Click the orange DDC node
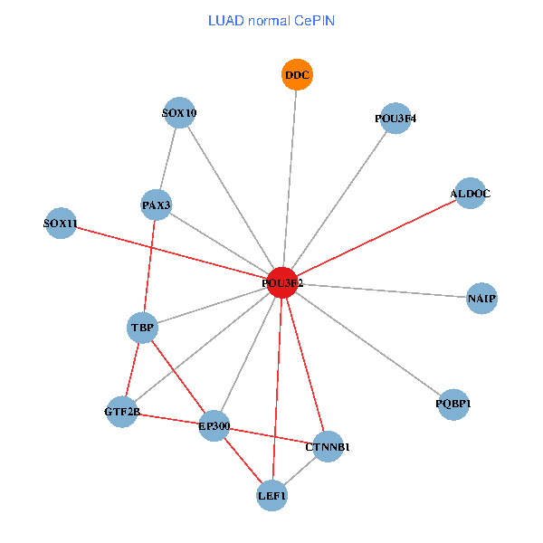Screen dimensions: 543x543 pyautogui.click(x=297, y=75)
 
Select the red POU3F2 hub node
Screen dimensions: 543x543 pyautogui.click(x=282, y=282)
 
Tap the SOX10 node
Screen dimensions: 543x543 pyautogui.click(x=179, y=113)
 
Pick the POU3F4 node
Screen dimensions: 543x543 pyautogui.click(x=395, y=119)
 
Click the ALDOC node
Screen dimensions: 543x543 pyautogui.click(x=470, y=194)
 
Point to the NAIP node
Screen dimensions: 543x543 pyautogui.click(x=481, y=298)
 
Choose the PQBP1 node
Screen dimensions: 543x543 pyautogui.click(x=452, y=404)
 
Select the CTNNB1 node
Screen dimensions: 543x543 pyautogui.click(x=328, y=446)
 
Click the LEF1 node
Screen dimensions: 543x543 pyautogui.click(x=271, y=495)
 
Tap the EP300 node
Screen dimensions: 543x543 pyautogui.click(x=214, y=425)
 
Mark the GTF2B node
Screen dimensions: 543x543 pyautogui.click(x=122, y=413)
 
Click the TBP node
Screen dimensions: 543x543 pyautogui.click(x=143, y=327)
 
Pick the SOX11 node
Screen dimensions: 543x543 pyautogui.click(x=61, y=223)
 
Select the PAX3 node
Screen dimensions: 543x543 pyautogui.click(x=157, y=205)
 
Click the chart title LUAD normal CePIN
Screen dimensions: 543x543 pyautogui.click(x=271, y=20)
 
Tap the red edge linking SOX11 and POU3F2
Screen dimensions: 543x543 pyautogui.click(x=172, y=252)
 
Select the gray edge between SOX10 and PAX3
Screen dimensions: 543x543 pyautogui.click(x=168, y=159)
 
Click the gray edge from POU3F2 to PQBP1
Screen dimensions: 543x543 pyautogui.click(x=367, y=343)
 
